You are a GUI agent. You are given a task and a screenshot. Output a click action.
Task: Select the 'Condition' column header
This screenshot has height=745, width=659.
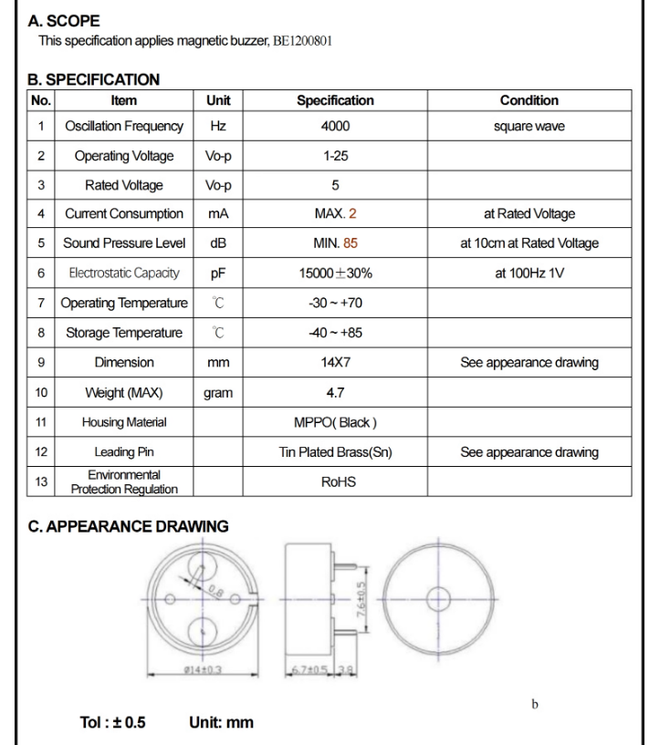(x=529, y=100)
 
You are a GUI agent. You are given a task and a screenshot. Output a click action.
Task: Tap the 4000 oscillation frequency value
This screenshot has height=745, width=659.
(x=335, y=126)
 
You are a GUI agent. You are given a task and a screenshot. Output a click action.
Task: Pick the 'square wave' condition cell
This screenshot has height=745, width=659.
(x=529, y=126)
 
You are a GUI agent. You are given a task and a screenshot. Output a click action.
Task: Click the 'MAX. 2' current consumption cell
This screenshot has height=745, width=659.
(x=335, y=214)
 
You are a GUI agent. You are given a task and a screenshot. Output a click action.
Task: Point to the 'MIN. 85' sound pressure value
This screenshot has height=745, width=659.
(x=335, y=243)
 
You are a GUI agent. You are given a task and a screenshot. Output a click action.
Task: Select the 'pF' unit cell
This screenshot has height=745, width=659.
(x=218, y=273)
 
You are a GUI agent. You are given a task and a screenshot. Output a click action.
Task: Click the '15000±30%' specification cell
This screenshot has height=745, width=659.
(x=335, y=273)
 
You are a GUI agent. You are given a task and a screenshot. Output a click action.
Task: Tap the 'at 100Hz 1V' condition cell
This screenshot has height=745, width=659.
(x=529, y=273)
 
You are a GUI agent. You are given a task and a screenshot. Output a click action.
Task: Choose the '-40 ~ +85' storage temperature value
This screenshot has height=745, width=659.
(x=335, y=332)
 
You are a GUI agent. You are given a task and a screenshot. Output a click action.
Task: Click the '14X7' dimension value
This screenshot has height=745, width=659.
(x=335, y=362)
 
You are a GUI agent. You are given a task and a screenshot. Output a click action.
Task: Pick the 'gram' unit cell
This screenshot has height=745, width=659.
(x=218, y=393)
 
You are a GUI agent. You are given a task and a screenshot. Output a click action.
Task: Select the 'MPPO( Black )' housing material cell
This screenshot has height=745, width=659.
(x=335, y=422)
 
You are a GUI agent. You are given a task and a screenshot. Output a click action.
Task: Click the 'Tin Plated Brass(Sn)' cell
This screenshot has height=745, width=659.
(x=335, y=452)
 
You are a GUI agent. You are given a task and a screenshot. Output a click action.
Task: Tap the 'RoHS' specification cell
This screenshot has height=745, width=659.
(x=335, y=482)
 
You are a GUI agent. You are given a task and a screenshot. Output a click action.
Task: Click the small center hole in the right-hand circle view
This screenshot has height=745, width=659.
(x=438, y=597)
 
